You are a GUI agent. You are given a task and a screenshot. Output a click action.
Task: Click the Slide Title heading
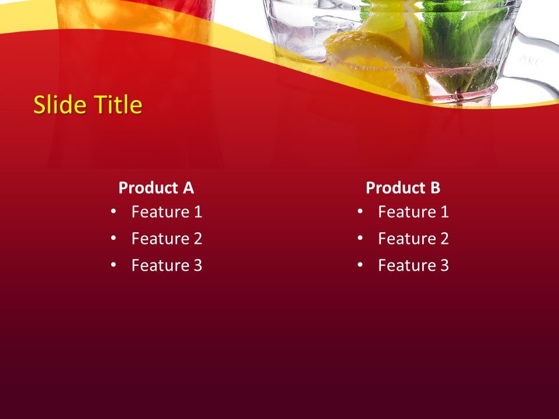coord(87,105)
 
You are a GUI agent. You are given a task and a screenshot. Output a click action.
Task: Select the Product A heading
coord(155,188)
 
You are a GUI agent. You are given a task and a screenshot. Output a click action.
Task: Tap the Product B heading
coord(403,188)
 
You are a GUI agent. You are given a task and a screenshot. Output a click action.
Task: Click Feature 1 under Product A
coord(167,212)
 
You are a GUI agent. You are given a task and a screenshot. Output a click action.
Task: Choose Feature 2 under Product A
coord(167,239)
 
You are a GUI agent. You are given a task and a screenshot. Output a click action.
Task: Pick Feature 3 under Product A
coord(167,265)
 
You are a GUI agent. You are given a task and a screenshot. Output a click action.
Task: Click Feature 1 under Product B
coord(413,212)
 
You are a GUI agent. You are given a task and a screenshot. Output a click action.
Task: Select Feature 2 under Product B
coord(413,239)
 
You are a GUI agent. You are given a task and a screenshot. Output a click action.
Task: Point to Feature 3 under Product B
coord(413,265)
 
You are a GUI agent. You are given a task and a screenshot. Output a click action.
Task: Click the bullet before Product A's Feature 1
coord(113,211)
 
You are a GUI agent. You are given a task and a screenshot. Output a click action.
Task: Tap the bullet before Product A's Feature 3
coord(113,265)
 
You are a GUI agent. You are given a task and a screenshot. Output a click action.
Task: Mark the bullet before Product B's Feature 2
coord(360,238)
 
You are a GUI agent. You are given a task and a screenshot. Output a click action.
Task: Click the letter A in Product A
coord(188,188)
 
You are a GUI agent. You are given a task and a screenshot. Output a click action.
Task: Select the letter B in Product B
coord(436,188)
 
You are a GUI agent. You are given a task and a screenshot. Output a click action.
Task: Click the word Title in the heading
coord(119,105)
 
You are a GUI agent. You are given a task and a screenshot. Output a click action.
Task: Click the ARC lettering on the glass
coord(530,60)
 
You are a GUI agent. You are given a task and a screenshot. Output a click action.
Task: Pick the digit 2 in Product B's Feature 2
coord(444,239)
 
